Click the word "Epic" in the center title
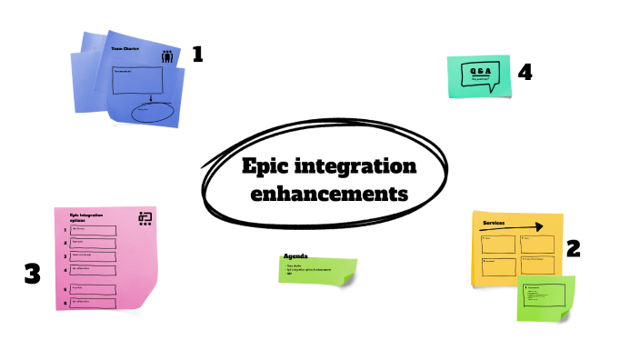(x=270, y=167)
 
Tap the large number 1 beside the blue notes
(x=196, y=55)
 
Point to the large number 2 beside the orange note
(x=574, y=248)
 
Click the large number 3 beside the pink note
(x=33, y=273)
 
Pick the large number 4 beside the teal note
(x=525, y=71)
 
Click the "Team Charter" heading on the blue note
(x=125, y=48)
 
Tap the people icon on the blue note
(x=167, y=56)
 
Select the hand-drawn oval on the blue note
(x=152, y=112)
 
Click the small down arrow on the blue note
(x=149, y=98)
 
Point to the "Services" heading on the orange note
(x=494, y=223)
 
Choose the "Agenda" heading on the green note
(x=297, y=256)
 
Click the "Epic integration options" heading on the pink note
(x=85, y=218)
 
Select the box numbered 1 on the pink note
(x=93, y=231)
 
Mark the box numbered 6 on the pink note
(x=93, y=302)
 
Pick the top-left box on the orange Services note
(x=498, y=244)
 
